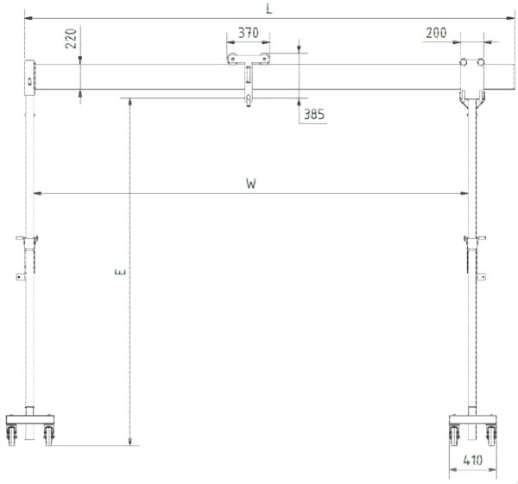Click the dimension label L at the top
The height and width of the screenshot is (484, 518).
(269, 9)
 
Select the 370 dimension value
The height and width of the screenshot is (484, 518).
(249, 33)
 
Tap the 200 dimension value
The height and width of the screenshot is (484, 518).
(436, 33)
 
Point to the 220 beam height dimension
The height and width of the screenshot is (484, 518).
(71, 39)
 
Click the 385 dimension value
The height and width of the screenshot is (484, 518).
(314, 114)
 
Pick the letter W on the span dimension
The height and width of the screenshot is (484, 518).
(251, 184)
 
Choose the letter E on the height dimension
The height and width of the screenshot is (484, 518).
(122, 272)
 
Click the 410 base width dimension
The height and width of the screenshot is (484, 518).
(473, 460)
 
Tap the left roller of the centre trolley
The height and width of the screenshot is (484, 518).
(232, 59)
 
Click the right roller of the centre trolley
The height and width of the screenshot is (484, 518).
(263, 59)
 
